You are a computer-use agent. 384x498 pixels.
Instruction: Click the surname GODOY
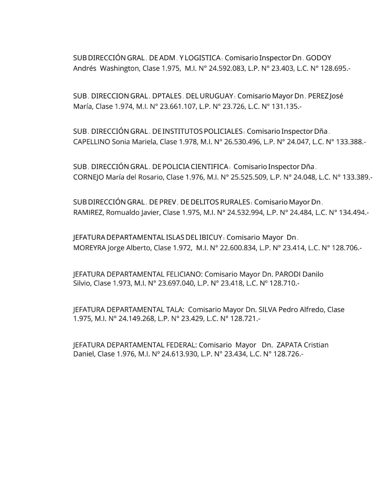click(x=318, y=58)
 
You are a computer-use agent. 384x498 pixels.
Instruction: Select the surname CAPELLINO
click(x=91, y=142)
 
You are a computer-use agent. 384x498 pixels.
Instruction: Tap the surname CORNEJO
click(x=88, y=177)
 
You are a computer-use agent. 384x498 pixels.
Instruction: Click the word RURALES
click(x=235, y=202)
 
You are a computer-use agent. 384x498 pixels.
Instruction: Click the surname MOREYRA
click(x=89, y=248)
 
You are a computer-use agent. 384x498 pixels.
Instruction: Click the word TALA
click(x=174, y=310)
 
